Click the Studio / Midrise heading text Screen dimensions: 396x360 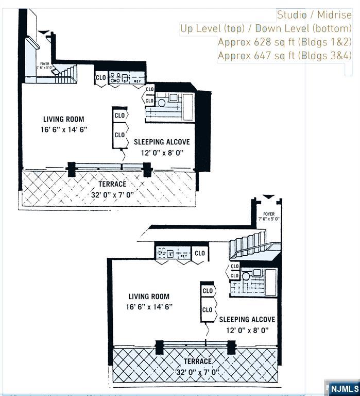click(314, 15)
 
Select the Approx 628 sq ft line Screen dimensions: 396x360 click(284, 42)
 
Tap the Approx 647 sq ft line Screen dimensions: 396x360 click(284, 55)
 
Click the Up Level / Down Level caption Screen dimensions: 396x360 click(266, 28)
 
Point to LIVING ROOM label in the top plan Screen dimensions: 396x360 click(64, 119)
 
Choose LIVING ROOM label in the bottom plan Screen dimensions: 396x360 click(149, 296)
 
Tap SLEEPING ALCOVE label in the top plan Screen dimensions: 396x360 click(162, 142)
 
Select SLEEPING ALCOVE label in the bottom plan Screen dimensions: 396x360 click(247, 320)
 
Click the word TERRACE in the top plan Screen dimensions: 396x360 click(113, 184)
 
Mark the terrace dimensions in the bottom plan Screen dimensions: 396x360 click(198, 372)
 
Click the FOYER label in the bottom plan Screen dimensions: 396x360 click(269, 214)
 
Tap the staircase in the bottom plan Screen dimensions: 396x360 click(250, 245)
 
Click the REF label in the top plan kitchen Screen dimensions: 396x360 click(138, 81)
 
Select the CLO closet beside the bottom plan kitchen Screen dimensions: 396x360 click(200, 253)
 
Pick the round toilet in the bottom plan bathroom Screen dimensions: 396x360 click(246, 276)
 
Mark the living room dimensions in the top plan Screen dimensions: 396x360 click(65, 129)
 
